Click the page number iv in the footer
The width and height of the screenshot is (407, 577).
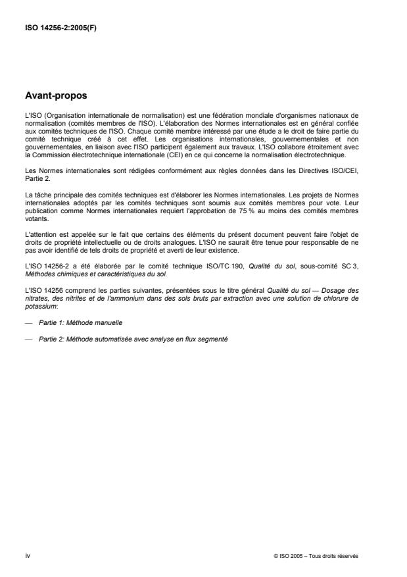[x=28, y=555]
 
